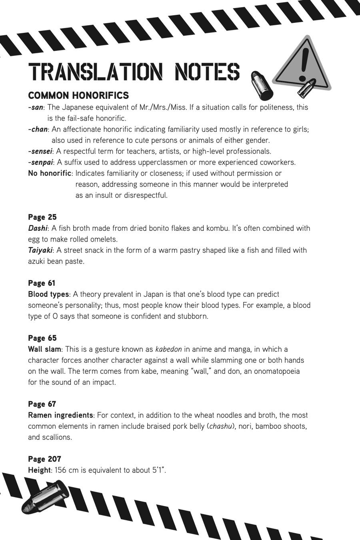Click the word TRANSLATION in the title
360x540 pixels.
(96, 72)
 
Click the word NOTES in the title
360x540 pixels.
(207, 72)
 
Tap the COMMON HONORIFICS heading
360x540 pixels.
(78, 96)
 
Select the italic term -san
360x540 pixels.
(36, 107)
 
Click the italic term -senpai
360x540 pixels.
(40, 162)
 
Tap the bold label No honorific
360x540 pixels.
(50, 173)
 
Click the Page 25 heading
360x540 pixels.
(42, 217)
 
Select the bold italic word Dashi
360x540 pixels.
(38, 228)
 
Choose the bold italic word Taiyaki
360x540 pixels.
(40, 250)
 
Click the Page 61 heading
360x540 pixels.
(42, 283)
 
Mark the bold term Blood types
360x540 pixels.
(48, 294)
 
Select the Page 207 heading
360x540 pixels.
(44, 459)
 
